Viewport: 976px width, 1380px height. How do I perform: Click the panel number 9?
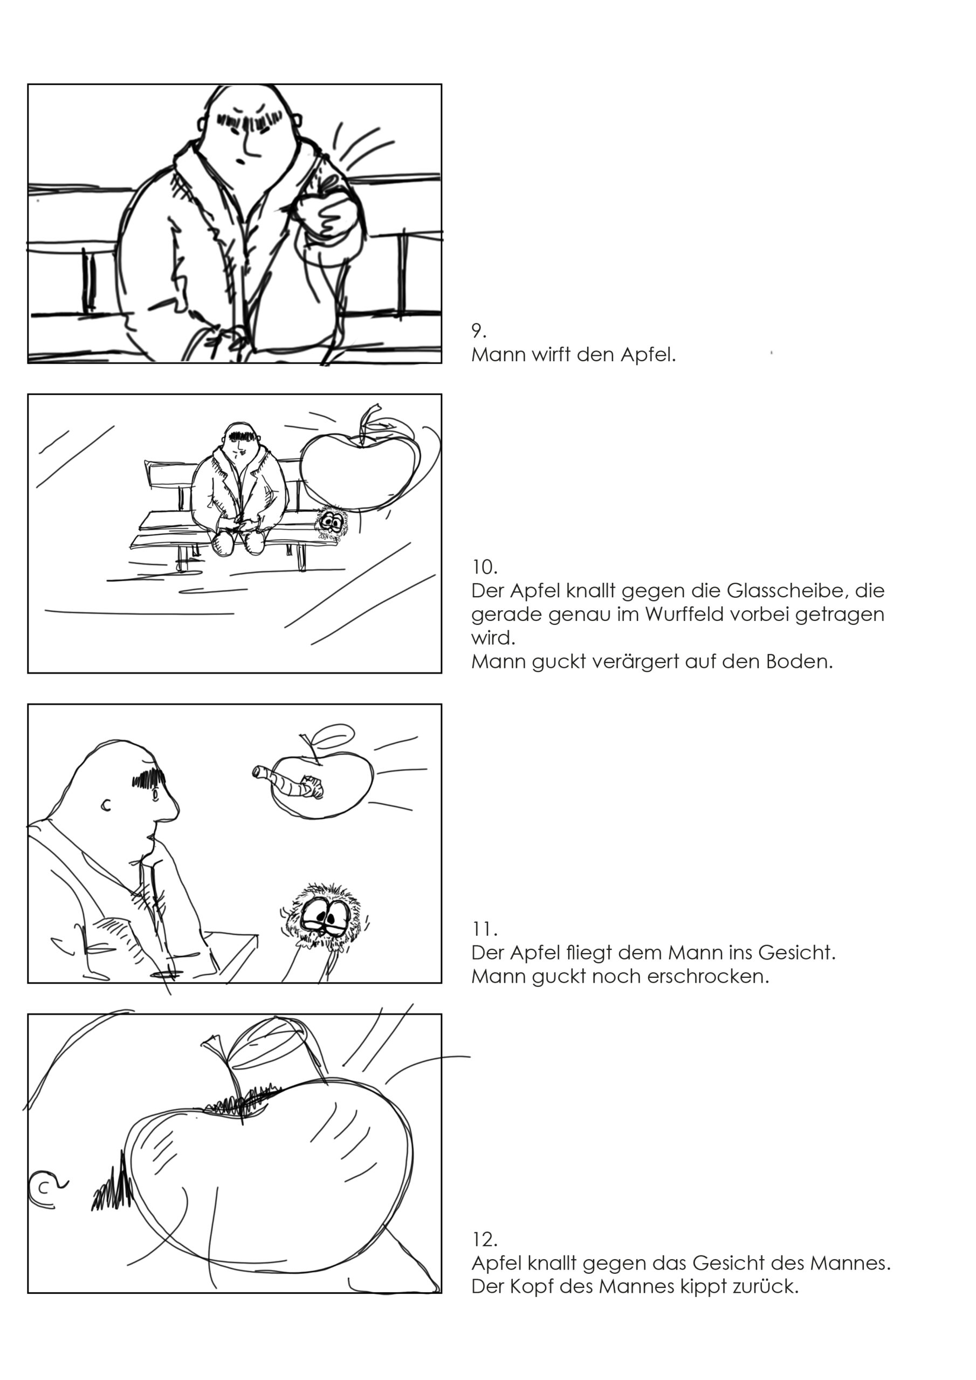coord(478,330)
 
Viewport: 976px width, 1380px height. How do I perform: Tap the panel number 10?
coord(484,567)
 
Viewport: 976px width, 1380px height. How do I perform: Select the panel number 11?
coord(484,929)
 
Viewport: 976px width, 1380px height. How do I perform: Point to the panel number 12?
coord(484,1239)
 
